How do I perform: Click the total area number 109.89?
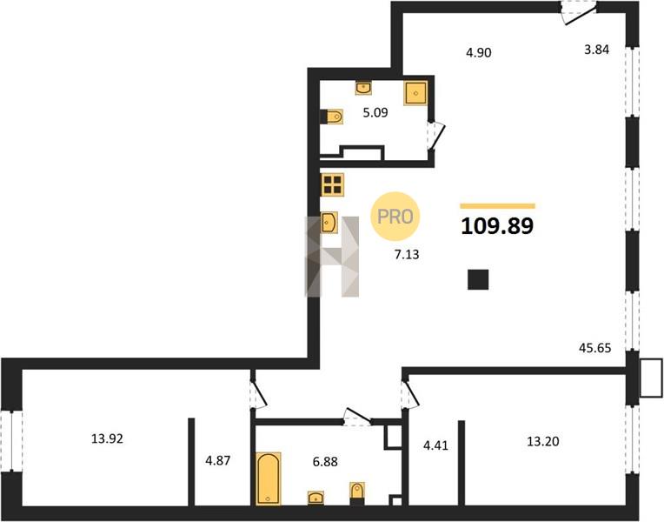497,226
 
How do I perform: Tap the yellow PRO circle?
395,217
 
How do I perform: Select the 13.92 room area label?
107,438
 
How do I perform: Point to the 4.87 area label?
217,460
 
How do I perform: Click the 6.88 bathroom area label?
325,461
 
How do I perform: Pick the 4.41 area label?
435,445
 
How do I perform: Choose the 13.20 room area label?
543,441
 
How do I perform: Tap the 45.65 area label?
595,348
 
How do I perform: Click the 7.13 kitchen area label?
407,254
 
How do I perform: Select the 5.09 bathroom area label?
375,113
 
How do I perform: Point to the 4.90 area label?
479,52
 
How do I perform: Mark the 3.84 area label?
597,50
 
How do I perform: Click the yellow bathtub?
269,478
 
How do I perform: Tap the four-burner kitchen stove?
332,184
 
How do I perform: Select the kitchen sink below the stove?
329,222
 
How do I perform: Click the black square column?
478,279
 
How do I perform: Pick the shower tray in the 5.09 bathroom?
415,93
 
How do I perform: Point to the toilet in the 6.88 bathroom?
357,493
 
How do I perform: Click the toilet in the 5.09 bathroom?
331,117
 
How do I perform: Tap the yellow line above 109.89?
498,206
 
